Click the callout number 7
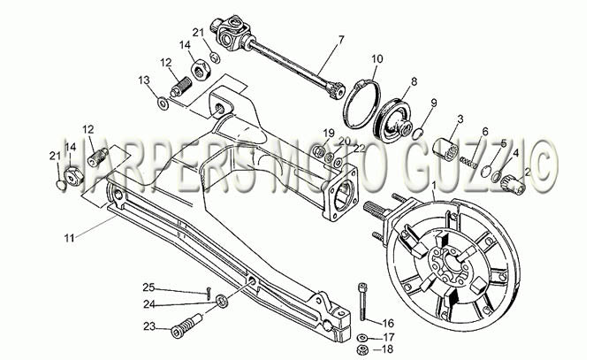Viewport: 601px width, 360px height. click(x=341, y=40)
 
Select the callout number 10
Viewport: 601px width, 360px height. click(x=377, y=59)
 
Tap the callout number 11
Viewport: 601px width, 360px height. click(x=69, y=238)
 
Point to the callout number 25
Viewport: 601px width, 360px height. click(x=148, y=287)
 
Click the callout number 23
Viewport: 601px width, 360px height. click(x=149, y=326)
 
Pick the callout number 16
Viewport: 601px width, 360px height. click(x=387, y=323)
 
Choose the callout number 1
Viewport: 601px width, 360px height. click(x=434, y=186)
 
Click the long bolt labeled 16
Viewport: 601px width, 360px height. click(x=363, y=303)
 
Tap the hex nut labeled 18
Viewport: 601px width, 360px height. click(x=361, y=350)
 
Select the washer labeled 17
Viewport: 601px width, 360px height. click(x=361, y=338)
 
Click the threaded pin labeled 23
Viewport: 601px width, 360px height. click(x=186, y=326)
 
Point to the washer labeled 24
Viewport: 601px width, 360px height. click(x=222, y=301)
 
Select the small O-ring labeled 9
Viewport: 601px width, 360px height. click(x=418, y=134)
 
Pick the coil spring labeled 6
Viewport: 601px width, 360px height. click(x=468, y=162)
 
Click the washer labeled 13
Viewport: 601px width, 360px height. click(x=163, y=103)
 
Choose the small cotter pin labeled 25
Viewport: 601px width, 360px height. click(x=208, y=293)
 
